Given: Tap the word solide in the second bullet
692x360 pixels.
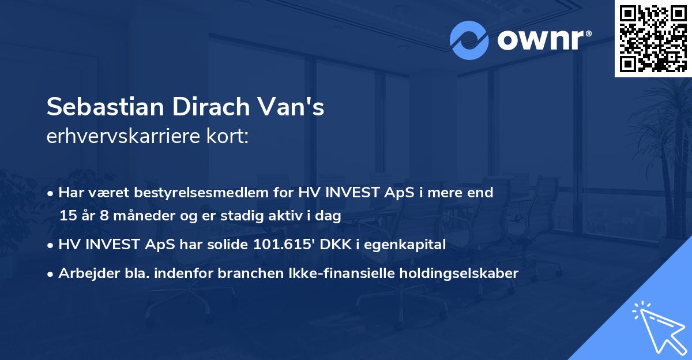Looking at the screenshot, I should [x=227, y=244].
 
